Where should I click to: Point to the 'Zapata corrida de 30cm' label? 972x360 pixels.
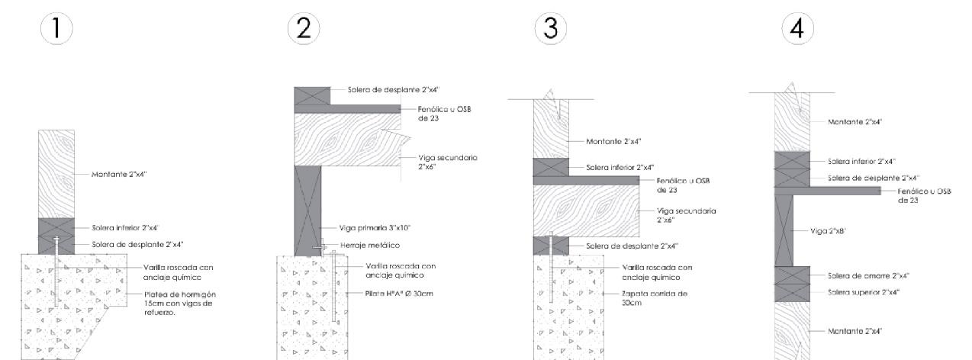645,297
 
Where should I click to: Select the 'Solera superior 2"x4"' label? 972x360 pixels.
862,291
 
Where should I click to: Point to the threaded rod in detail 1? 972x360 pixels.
56,267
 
